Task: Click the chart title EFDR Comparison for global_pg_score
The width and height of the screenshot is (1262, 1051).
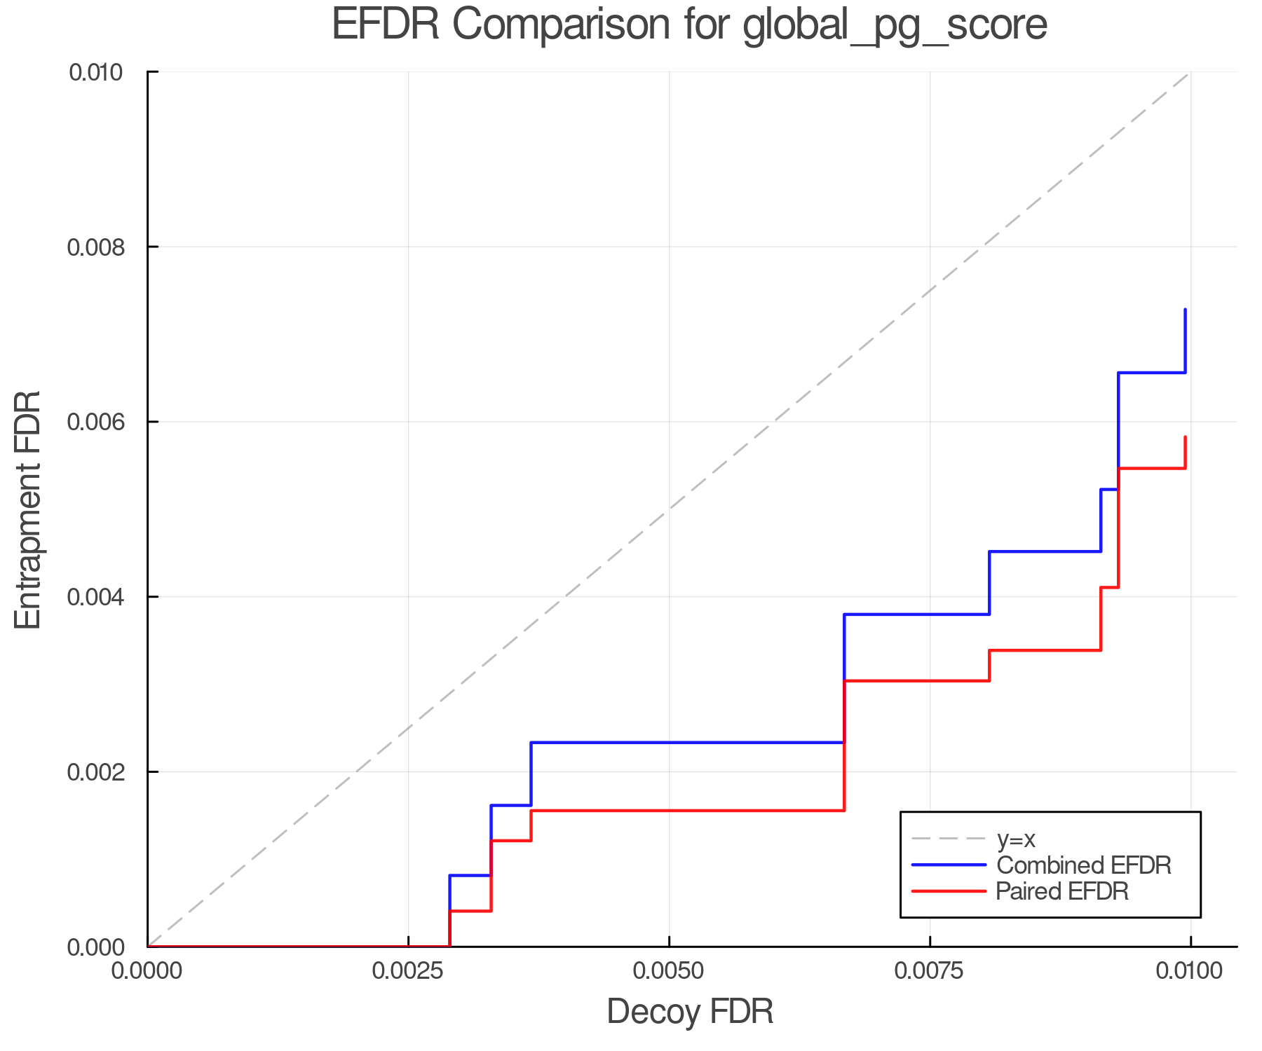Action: coord(689,25)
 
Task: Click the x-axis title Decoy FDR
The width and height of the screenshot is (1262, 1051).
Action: coord(690,1012)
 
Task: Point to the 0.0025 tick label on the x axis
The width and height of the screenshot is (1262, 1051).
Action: coord(408,971)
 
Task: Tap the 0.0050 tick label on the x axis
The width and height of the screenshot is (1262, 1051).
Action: coord(669,971)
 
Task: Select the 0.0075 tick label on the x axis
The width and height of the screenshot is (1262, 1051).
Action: coord(930,971)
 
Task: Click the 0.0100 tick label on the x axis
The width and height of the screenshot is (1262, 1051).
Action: coord(1190,971)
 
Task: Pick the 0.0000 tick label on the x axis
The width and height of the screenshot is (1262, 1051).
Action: coord(147,971)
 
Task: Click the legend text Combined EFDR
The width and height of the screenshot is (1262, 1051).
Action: coord(1084,865)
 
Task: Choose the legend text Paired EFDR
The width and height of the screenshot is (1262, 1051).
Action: coord(1062,891)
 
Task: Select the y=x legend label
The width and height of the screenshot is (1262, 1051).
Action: coord(1016,839)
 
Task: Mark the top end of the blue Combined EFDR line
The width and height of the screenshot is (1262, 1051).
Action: coord(1186,309)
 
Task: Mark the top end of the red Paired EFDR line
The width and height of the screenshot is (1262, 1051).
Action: coord(1186,437)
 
